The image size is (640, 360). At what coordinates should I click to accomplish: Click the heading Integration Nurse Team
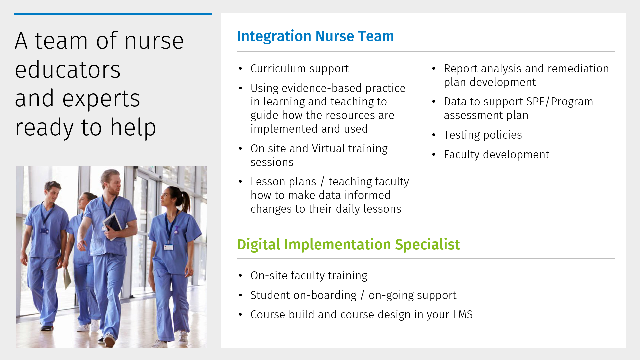(x=315, y=36)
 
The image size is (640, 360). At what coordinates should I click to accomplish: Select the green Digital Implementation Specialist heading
(x=348, y=245)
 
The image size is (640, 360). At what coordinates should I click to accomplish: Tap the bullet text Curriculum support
(x=300, y=69)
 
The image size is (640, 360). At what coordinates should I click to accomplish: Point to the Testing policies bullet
(x=483, y=135)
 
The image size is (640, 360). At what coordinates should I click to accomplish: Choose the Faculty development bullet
(x=496, y=155)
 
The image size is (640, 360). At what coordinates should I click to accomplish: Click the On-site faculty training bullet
(x=309, y=276)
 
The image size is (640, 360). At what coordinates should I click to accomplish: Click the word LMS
(x=463, y=315)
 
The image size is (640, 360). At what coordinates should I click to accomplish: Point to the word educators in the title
(x=68, y=70)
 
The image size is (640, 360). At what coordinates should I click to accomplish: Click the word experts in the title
(x=101, y=99)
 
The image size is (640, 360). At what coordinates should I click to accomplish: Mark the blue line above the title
(x=113, y=14)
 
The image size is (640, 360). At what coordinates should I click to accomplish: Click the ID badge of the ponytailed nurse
(x=169, y=247)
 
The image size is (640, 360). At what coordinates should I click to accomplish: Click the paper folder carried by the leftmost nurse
(x=67, y=277)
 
